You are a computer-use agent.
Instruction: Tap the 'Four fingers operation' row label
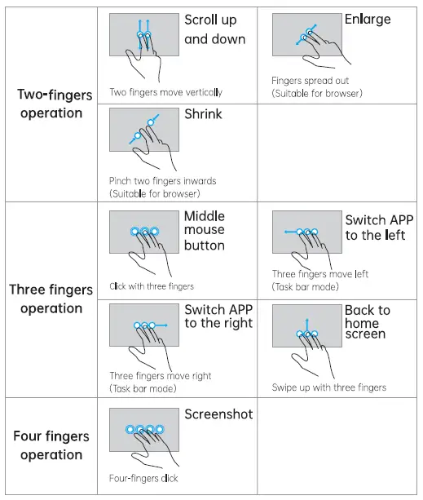pyautogui.click(x=51, y=445)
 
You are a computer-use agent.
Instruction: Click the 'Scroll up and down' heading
pyautogui.click(x=214, y=29)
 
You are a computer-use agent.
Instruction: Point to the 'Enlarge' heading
pyautogui.click(x=368, y=19)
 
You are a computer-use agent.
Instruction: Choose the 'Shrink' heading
pyautogui.click(x=203, y=114)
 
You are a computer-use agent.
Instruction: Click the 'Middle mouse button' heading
pyautogui.click(x=205, y=231)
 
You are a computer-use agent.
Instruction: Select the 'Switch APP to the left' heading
pyautogui.click(x=378, y=228)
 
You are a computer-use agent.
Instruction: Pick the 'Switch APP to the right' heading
pyautogui.click(x=218, y=316)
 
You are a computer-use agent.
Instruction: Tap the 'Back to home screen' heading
pyautogui.click(x=367, y=321)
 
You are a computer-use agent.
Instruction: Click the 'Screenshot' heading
pyautogui.click(x=218, y=414)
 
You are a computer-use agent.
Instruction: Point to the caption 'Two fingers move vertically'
pyautogui.click(x=165, y=93)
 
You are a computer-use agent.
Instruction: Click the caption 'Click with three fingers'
pyautogui.click(x=152, y=286)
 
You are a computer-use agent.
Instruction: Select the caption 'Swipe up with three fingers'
pyautogui.click(x=329, y=387)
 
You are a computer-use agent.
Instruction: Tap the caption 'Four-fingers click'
pyautogui.click(x=143, y=478)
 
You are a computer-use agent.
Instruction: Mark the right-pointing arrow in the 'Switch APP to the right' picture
pyautogui.click(x=165, y=325)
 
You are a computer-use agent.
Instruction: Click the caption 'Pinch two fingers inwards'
pyautogui.click(x=163, y=181)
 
